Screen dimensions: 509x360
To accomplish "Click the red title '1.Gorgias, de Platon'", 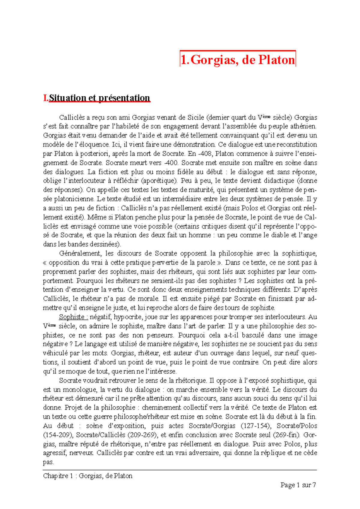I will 238,59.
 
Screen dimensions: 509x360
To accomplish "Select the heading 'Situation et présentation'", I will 99,98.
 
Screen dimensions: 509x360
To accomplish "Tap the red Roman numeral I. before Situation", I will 46,98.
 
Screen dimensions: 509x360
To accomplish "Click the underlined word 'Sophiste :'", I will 73,317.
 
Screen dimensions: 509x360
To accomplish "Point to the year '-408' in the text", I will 205,154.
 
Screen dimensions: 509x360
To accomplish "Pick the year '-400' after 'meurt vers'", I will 171,163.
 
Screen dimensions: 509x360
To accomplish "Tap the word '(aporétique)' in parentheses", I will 159,181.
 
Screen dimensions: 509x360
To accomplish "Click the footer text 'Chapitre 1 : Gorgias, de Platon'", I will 88,476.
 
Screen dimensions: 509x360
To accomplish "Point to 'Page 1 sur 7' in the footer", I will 298,485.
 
